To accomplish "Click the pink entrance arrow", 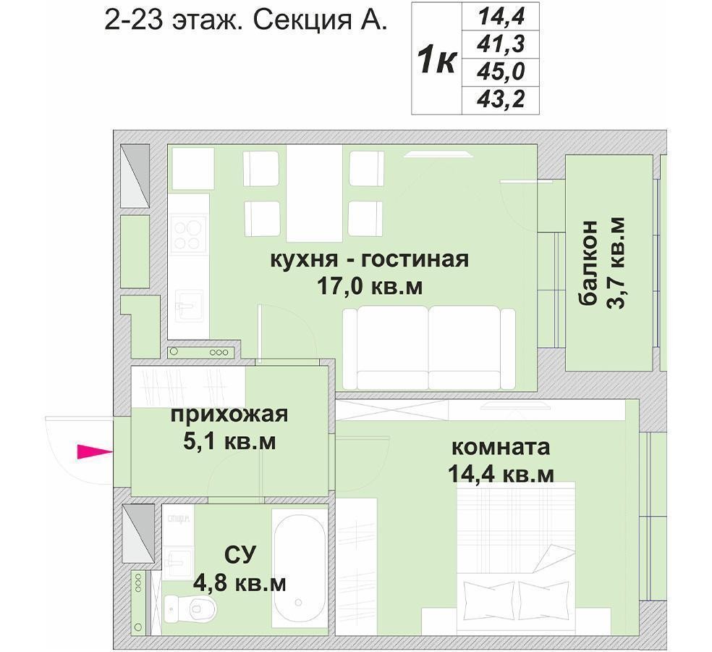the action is coord(95,451).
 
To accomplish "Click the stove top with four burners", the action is coord(187,235).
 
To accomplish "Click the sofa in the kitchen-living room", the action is coord(429,348).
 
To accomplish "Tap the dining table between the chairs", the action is coord(314,193).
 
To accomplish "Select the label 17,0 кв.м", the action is coord(370,286).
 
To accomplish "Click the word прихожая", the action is coord(229,414).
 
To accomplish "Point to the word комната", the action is coord(501,447).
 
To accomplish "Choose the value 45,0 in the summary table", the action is coord(501,72).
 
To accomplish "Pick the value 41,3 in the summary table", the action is coord(501,44).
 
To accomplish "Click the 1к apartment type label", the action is coord(437,60).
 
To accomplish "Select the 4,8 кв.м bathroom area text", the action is coord(240,583).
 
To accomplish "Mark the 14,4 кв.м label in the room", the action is coord(501,474).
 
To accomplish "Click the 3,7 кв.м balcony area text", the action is coord(616,262).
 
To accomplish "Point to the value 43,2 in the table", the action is coord(501,99).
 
